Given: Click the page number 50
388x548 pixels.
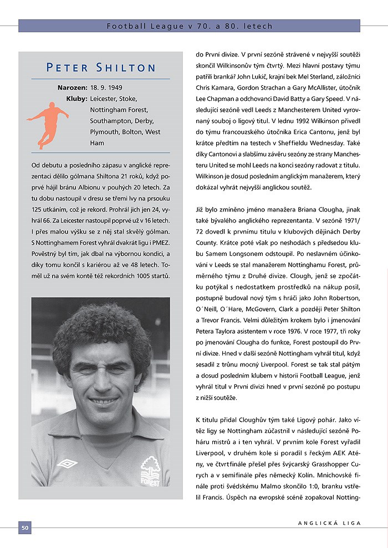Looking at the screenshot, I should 25,528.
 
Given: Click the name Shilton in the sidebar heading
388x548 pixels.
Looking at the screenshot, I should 127,68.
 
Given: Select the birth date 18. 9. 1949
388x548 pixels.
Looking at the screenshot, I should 106,87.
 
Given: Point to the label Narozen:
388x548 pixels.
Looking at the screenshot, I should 72,87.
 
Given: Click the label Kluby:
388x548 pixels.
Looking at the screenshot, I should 76,99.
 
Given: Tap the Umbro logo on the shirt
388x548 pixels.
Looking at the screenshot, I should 68,463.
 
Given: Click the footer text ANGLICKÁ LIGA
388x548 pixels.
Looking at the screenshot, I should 329,523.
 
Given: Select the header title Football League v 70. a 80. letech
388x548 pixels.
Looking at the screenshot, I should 189,26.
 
